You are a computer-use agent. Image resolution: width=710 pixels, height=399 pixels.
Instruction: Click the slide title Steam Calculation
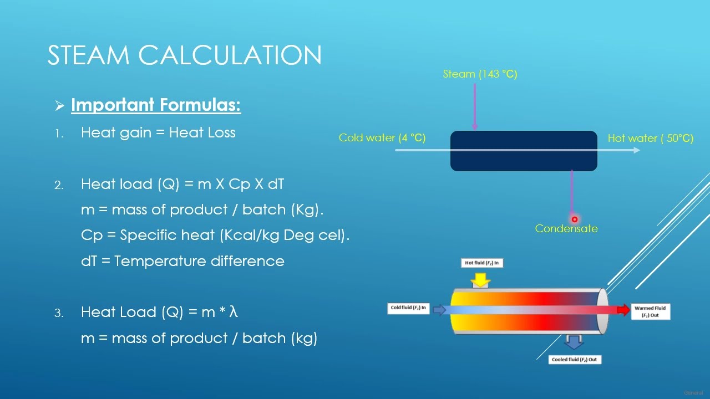[x=184, y=55]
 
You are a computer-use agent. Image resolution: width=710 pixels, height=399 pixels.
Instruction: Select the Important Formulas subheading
[x=156, y=105]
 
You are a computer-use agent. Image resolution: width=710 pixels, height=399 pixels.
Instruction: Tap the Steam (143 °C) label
[x=480, y=74]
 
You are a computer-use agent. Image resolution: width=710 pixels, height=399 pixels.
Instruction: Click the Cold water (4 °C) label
[x=382, y=138]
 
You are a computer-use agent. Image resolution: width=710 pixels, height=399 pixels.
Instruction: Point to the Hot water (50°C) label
[x=650, y=138]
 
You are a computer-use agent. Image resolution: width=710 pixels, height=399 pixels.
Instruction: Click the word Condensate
[x=566, y=228]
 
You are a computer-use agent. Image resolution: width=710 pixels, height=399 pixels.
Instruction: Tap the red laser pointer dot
[x=575, y=219]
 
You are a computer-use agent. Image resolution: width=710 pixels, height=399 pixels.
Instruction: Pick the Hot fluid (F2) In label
[x=481, y=263]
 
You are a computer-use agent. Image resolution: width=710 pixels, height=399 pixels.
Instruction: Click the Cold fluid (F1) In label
[x=409, y=308]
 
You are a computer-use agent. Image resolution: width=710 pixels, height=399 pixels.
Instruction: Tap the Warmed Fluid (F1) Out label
[x=650, y=311]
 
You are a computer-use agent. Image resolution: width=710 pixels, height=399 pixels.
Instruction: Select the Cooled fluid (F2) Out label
[x=575, y=360]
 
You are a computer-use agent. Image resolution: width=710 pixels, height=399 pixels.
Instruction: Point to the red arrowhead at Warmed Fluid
[x=624, y=310]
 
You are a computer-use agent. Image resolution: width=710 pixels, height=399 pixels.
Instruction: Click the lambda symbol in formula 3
[x=234, y=313]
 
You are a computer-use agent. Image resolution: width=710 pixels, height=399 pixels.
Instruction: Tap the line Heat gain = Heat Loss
[x=158, y=133]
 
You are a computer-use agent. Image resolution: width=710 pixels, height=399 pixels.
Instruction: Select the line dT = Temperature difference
[x=182, y=261]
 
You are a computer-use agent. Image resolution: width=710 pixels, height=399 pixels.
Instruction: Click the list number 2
[x=59, y=186]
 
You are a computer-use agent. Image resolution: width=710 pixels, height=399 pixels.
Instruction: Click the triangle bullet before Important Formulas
[x=60, y=105]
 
